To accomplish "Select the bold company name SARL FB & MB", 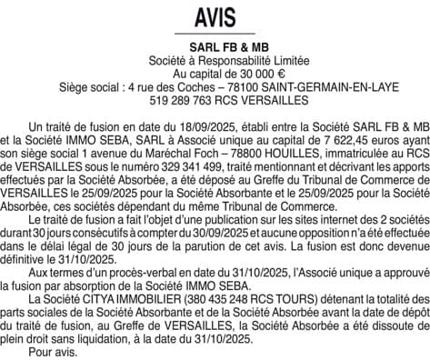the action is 215,47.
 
